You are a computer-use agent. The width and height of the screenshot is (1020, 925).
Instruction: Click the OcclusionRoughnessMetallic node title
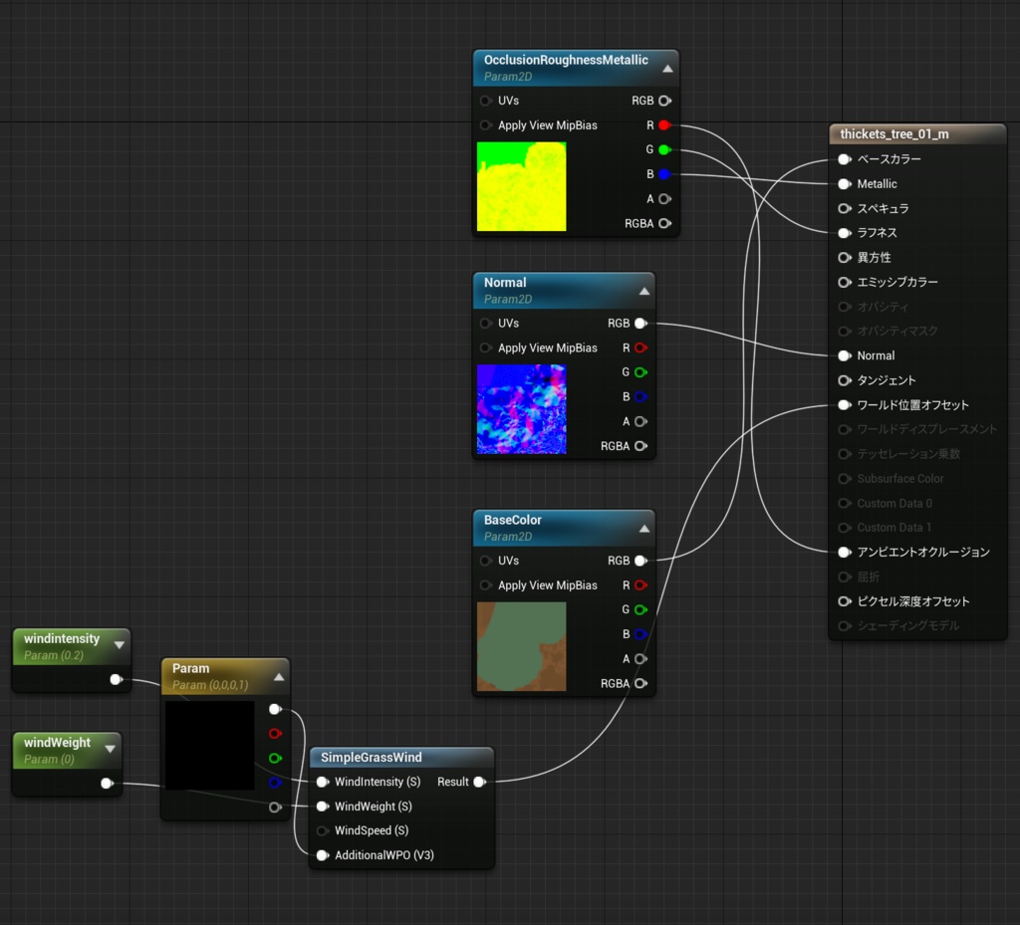[x=566, y=60]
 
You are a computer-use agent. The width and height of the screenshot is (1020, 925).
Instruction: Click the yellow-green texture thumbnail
[x=521, y=186]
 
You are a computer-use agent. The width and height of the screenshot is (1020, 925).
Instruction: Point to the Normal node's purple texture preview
[x=521, y=409]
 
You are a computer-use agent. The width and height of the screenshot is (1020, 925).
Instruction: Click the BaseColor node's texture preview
[x=521, y=646]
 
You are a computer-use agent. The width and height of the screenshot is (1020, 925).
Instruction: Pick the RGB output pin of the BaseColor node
[x=640, y=561]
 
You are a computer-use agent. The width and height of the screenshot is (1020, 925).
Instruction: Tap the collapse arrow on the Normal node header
[x=644, y=291]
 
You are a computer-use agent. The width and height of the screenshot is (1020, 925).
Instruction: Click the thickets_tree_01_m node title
[x=894, y=133]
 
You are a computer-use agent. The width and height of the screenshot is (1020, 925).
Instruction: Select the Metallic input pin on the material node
[x=844, y=184]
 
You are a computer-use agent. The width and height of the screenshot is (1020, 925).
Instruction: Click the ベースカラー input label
[x=889, y=159]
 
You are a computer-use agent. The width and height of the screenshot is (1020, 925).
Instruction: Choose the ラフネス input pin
[x=844, y=233]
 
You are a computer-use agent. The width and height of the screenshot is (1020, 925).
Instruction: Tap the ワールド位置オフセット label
[x=912, y=405]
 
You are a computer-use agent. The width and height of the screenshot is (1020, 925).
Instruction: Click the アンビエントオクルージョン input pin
[x=844, y=552]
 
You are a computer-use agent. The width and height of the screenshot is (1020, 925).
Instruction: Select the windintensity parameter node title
[x=62, y=638]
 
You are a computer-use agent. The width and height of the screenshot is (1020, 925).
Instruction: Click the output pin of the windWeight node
[x=107, y=784]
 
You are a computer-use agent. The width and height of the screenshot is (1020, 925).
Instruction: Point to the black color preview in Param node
[x=209, y=746]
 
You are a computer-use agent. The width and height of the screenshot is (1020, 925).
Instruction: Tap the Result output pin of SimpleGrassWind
[x=479, y=782]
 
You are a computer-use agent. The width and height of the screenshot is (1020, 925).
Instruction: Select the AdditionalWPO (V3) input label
[x=383, y=855]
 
